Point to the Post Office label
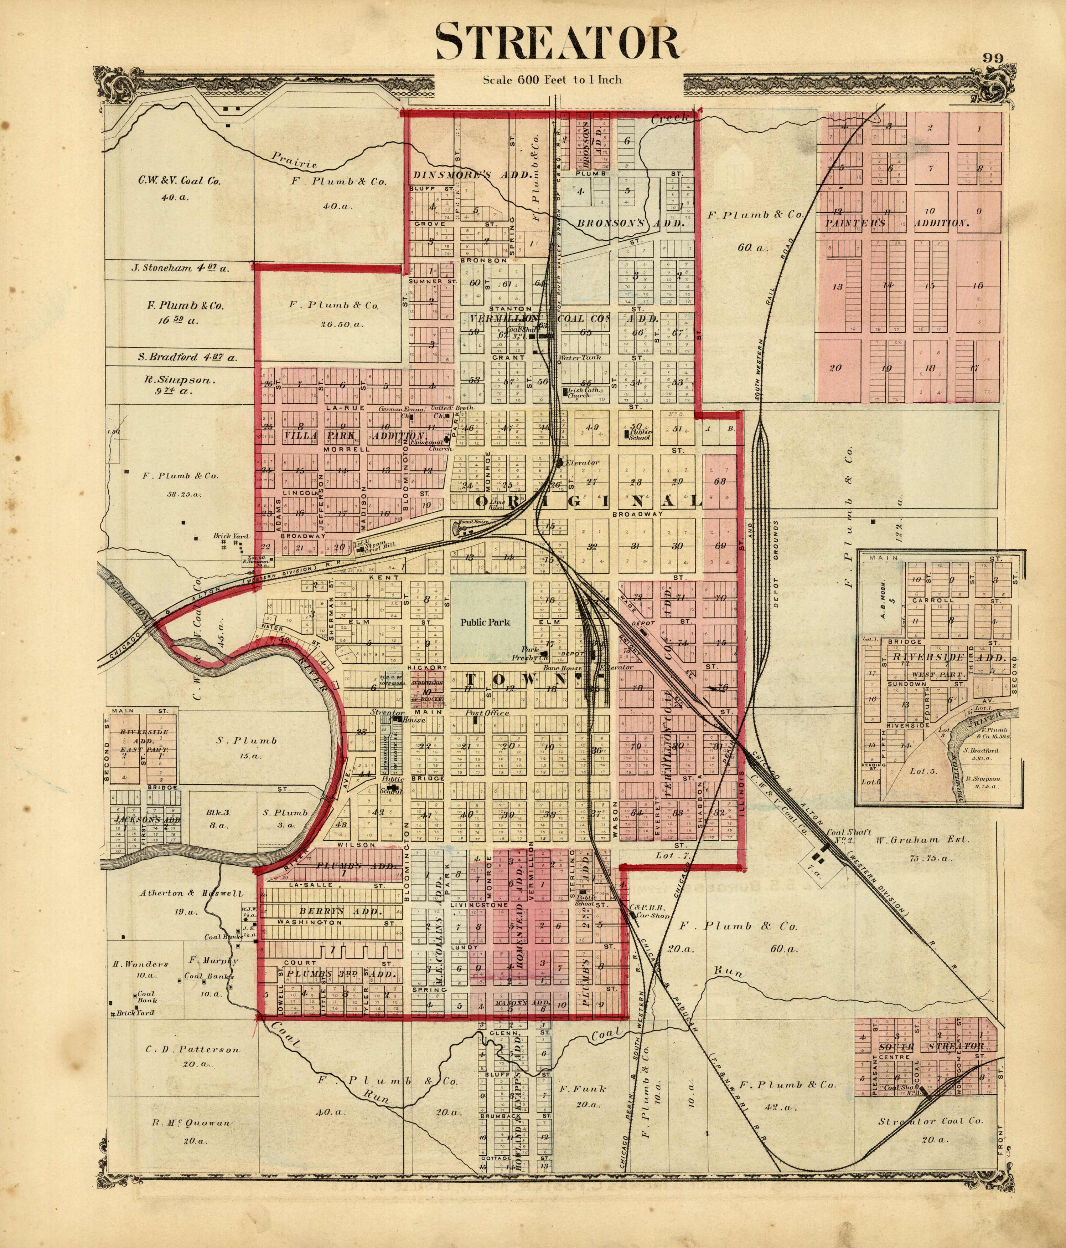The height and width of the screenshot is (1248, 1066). tap(487, 712)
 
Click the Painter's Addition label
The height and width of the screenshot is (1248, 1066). tap(896, 222)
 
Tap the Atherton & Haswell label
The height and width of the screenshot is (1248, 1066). tap(191, 893)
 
